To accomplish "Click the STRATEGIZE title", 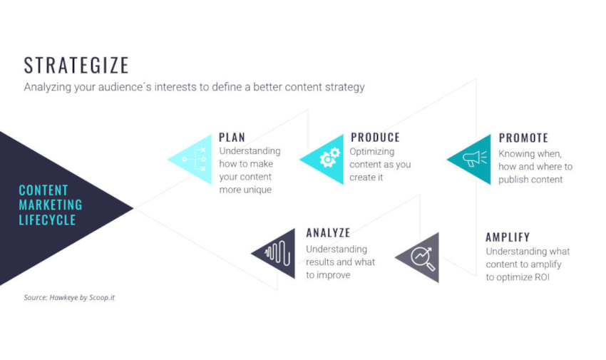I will [x=76, y=66].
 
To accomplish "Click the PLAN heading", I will [x=232, y=138].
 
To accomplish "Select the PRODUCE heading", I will [x=375, y=138].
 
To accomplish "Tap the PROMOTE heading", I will [x=523, y=138].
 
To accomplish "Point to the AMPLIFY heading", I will [x=508, y=237].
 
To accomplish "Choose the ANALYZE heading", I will [x=328, y=233].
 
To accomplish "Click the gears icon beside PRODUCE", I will [x=329, y=158].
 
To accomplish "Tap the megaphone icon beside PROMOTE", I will [x=475, y=158].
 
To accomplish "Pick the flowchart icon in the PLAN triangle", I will [x=195, y=159].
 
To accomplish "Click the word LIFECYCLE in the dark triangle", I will [x=47, y=220].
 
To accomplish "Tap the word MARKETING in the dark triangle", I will [x=50, y=205].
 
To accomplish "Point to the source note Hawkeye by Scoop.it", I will [x=69, y=297].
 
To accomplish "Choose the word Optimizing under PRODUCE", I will [x=371, y=152].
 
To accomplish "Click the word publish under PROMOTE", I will [x=514, y=180].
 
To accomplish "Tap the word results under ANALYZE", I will [x=321, y=262].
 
